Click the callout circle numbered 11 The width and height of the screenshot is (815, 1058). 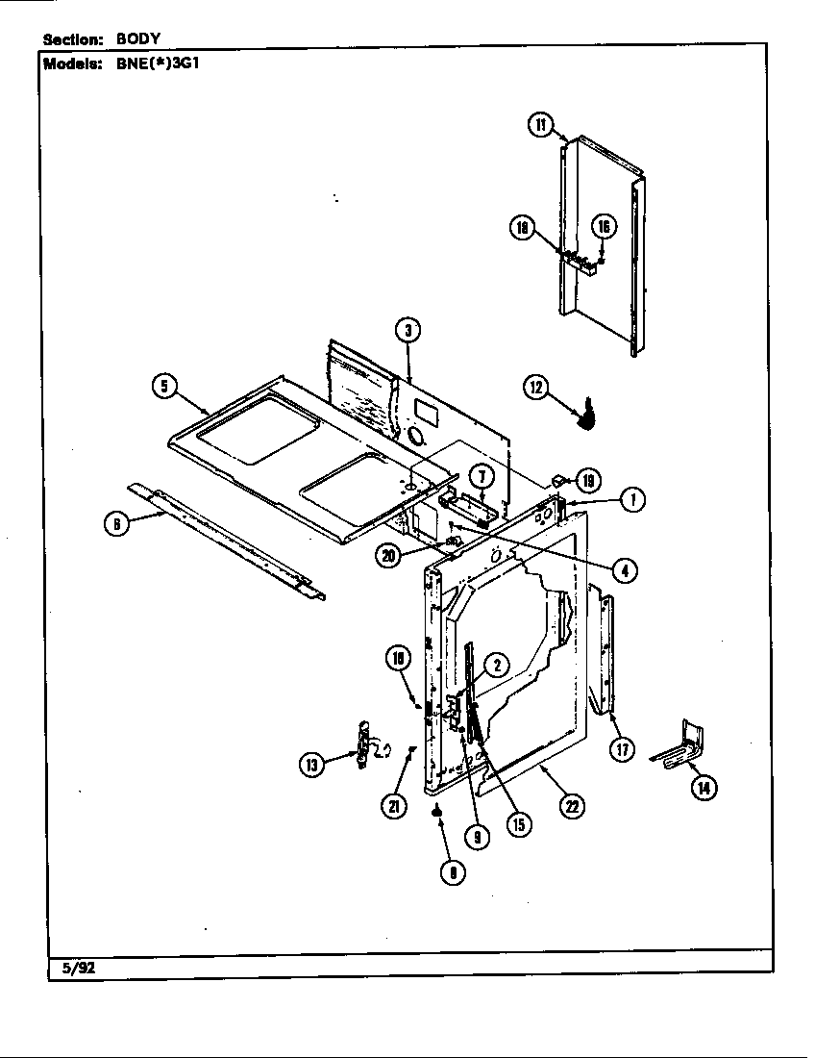tap(540, 124)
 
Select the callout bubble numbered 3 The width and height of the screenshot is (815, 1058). tap(407, 331)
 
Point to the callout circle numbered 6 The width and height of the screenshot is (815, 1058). tap(116, 524)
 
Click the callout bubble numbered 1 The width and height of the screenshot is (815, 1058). tap(631, 499)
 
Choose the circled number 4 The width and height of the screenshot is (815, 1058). tap(624, 570)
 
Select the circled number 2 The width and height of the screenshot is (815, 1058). tap(496, 664)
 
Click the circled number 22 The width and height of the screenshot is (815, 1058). tap(572, 806)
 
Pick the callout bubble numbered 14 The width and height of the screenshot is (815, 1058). tap(704, 787)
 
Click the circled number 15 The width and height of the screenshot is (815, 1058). tap(519, 823)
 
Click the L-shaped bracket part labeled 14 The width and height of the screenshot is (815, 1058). tap(684, 746)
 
